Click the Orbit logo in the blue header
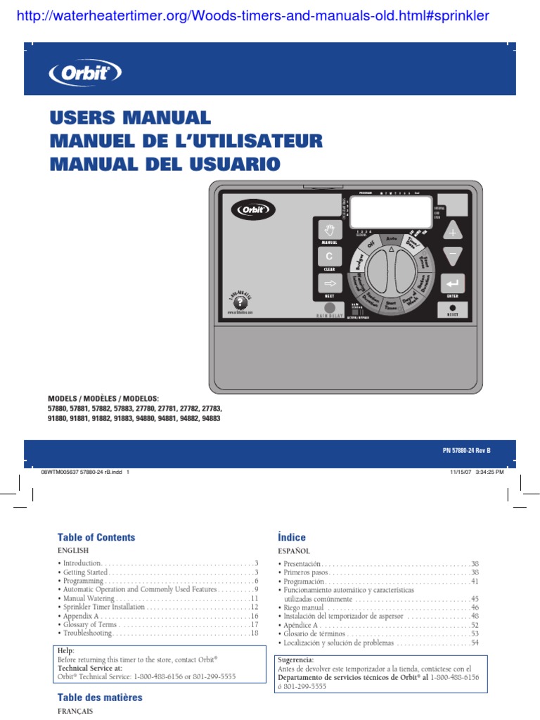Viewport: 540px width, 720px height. pyautogui.click(x=85, y=72)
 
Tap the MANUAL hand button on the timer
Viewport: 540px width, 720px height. pyautogui.click(x=328, y=230)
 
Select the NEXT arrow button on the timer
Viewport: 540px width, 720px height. pyautogui.click(x=328, y=283)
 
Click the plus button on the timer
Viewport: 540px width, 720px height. pyautogui.click(x=453, y=232)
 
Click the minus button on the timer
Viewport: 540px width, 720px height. pyautogui.click(x=453, y=255)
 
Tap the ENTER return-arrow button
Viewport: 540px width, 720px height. pyautogui.click(x=453, y=283)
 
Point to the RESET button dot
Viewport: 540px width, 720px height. pyautogui.click(x=453, y=307)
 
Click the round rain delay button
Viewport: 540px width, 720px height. pyautogui.click(x=330, y=308)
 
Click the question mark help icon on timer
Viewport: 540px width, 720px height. pyautogui.click(x=240, y=300)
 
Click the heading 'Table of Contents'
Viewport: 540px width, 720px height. pyautogui.click(x=96, y=537)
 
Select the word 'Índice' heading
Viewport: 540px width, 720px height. pyautogui.click(x=292, y=537)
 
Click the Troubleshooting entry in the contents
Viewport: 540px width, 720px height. pyautogui.click(x=88, y=633)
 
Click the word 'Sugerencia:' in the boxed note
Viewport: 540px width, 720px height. pyautogui.click(x=297, y=660)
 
